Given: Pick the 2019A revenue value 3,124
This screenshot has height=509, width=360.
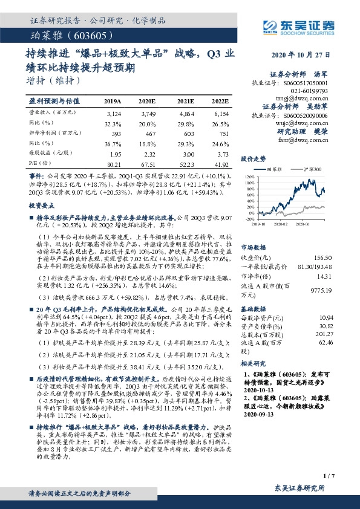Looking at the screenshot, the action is point(113,112).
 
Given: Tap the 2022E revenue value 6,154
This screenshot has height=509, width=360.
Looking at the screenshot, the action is point(220,112).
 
